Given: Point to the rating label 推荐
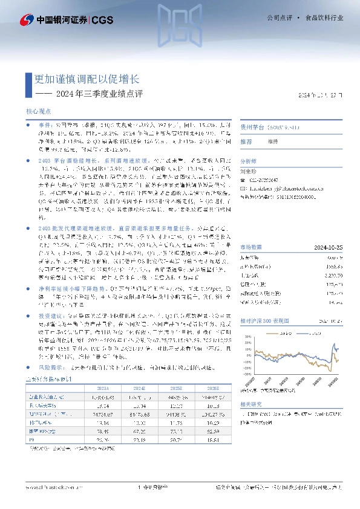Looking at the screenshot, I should click(246, 141).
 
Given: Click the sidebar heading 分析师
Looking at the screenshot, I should click(249, 162).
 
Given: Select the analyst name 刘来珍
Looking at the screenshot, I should click(250, 171).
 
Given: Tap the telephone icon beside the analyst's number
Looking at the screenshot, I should click(244, 180).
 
